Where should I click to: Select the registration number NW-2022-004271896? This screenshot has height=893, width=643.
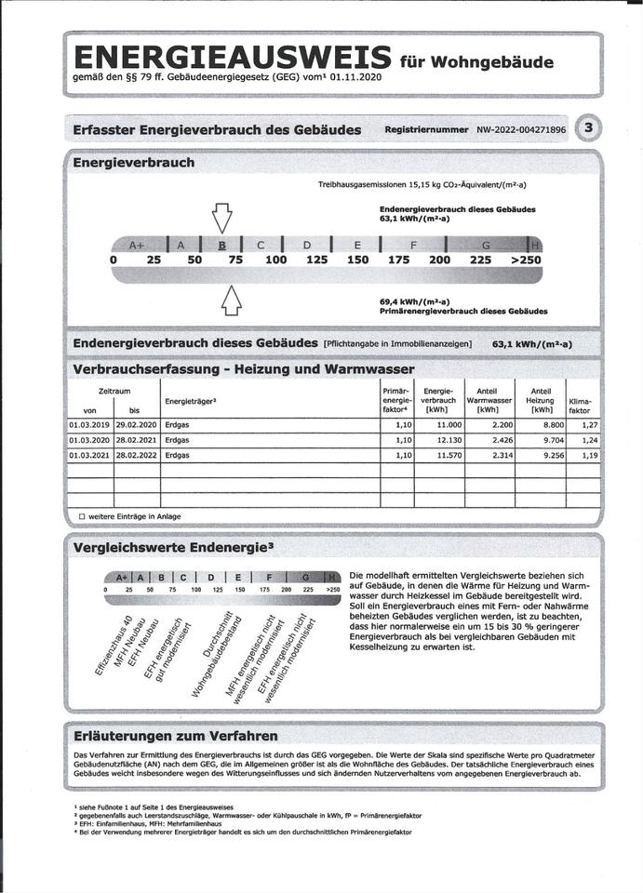point(522,130)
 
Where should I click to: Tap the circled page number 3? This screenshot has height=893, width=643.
point(588,128)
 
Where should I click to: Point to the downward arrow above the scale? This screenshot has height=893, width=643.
point(221,217)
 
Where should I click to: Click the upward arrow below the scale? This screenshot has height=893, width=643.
point(231,300)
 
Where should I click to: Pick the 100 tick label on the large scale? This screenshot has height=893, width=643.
point(275,260)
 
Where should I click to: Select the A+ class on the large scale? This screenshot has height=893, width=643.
point(137,246)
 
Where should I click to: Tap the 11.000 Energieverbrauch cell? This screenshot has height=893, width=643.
point(437,424)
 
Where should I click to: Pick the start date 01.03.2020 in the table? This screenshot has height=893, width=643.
point(89,440)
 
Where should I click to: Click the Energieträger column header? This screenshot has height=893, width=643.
point(190,401)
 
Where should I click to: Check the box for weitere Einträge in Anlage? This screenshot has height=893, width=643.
point(82,516)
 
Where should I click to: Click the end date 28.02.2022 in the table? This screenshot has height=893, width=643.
point(136,456)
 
